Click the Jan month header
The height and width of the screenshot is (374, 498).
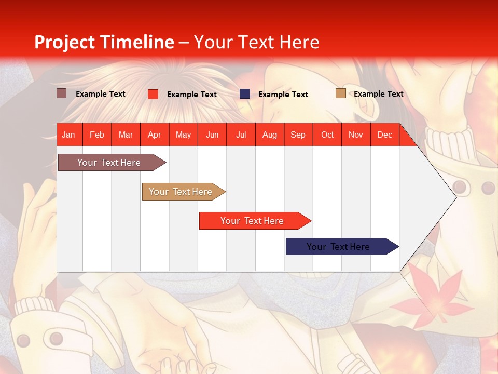click(x=68, y=135)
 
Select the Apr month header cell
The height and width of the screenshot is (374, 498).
click(x=155, y=135)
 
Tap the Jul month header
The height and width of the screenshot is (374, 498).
click(x=241, y=135)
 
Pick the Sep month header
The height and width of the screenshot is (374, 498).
click(x=298, y=135)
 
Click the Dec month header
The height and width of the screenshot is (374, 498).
click(x=384, y=135)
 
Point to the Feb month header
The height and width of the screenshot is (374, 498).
click(x=97, y=135)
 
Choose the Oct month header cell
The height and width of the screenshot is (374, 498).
click(x=327, y=135)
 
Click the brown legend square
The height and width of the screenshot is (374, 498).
click(x=62, y=94)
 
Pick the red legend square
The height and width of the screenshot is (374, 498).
click(x=153, y=94)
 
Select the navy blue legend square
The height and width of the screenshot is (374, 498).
click(x=245, y=94)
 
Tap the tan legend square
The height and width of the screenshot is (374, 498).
click(x=340, y=94)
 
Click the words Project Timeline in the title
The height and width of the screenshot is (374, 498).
click(x=104, y=42)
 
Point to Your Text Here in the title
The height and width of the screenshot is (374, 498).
click(x=257, y=42)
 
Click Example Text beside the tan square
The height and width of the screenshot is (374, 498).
click(x=378, y=94)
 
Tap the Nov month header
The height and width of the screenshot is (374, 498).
click(x=356, y=135)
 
